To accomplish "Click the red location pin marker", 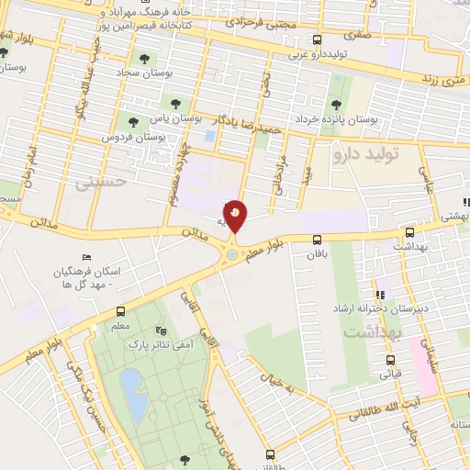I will point(236,217).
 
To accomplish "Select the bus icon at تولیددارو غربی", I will point(317,39).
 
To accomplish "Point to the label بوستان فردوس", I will point(161,137).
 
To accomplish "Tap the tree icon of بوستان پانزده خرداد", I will point(337,104).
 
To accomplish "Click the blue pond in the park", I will point(131,385).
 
